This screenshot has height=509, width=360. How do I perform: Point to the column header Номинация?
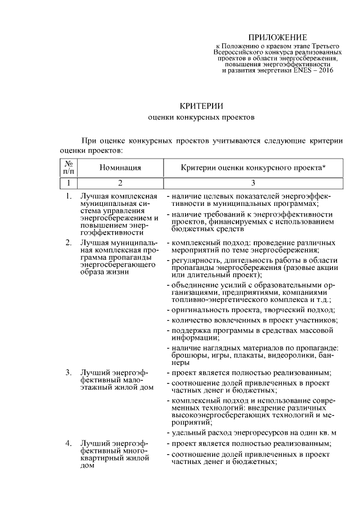click(x=120, y=167)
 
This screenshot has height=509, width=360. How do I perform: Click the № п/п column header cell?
click(x=69, y=167)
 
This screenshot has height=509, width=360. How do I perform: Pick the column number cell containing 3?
click(x=253, y=182)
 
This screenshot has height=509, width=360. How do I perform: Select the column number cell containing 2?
click(x=120, y=182)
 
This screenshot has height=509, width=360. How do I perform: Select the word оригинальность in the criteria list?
click(x=198, y=310)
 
